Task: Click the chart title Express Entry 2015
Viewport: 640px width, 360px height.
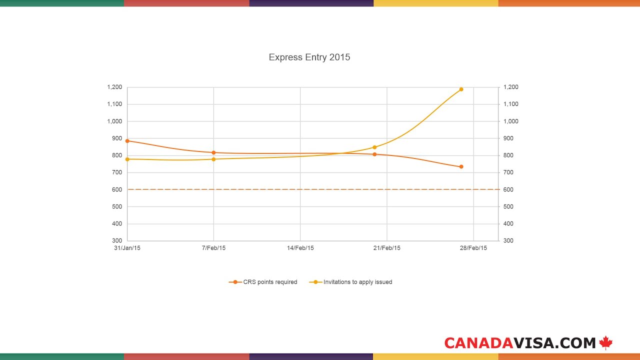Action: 309,57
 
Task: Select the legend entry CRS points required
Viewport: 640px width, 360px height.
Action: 263,282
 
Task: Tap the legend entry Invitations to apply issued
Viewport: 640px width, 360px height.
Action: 351,282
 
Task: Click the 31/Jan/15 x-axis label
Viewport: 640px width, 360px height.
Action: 127,248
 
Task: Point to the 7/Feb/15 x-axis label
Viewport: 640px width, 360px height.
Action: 213,248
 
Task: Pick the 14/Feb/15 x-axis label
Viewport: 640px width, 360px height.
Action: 300,248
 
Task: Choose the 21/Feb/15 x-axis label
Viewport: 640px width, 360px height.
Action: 387,248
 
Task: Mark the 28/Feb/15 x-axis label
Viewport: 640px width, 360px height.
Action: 473,248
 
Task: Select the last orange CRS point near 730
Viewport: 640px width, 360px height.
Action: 461,166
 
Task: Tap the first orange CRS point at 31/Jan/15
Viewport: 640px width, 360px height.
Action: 127,141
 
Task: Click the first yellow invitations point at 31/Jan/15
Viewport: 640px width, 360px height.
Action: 127,159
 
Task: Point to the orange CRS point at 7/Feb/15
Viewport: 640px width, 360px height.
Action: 213,152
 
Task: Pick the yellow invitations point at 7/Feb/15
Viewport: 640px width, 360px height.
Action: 213,159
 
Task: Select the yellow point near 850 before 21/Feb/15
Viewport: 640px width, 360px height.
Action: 374,147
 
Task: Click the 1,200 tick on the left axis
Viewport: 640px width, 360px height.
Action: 114,87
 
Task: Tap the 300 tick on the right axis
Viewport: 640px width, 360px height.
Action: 507,241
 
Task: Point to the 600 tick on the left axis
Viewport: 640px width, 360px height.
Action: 116,189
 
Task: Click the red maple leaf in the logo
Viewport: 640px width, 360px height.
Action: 606,342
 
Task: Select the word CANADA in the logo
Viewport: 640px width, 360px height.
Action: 478,343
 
